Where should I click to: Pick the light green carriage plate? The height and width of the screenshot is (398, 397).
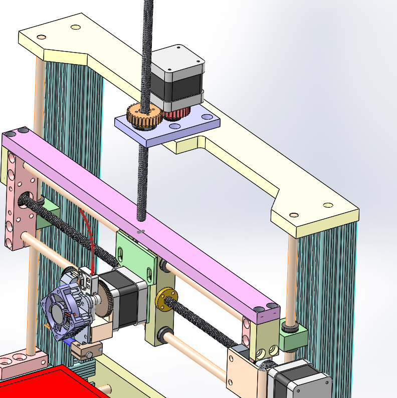[135, 255]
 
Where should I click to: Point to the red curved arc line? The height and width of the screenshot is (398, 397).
[89, 235]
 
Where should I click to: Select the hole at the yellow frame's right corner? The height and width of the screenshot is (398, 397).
[328, 205]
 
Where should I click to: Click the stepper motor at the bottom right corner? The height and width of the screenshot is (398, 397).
[301, 383]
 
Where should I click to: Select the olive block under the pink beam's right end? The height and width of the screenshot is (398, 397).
[263, 340]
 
